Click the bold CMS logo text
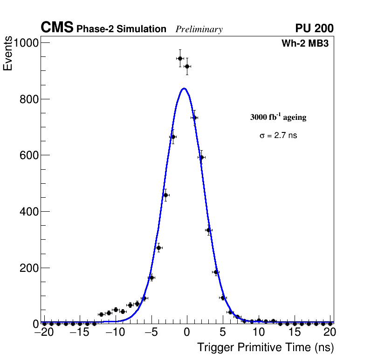(57, 28)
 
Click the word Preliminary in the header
(199, 29)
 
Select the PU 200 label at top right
(314, 28)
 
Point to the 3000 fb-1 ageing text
(278, 117)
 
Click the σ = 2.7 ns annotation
(278, 136)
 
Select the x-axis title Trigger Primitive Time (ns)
(265, 347)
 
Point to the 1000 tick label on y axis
(27, 43)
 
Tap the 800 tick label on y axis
(29, 99)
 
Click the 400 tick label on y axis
(29, 212)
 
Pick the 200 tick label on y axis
(29, 268)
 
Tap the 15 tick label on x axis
(294, 332)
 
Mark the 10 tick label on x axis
(258, 332)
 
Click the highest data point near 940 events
(180, 58)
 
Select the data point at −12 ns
(102, 314)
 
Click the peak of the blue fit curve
(184, 88)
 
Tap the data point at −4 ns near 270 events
(158, 248)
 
